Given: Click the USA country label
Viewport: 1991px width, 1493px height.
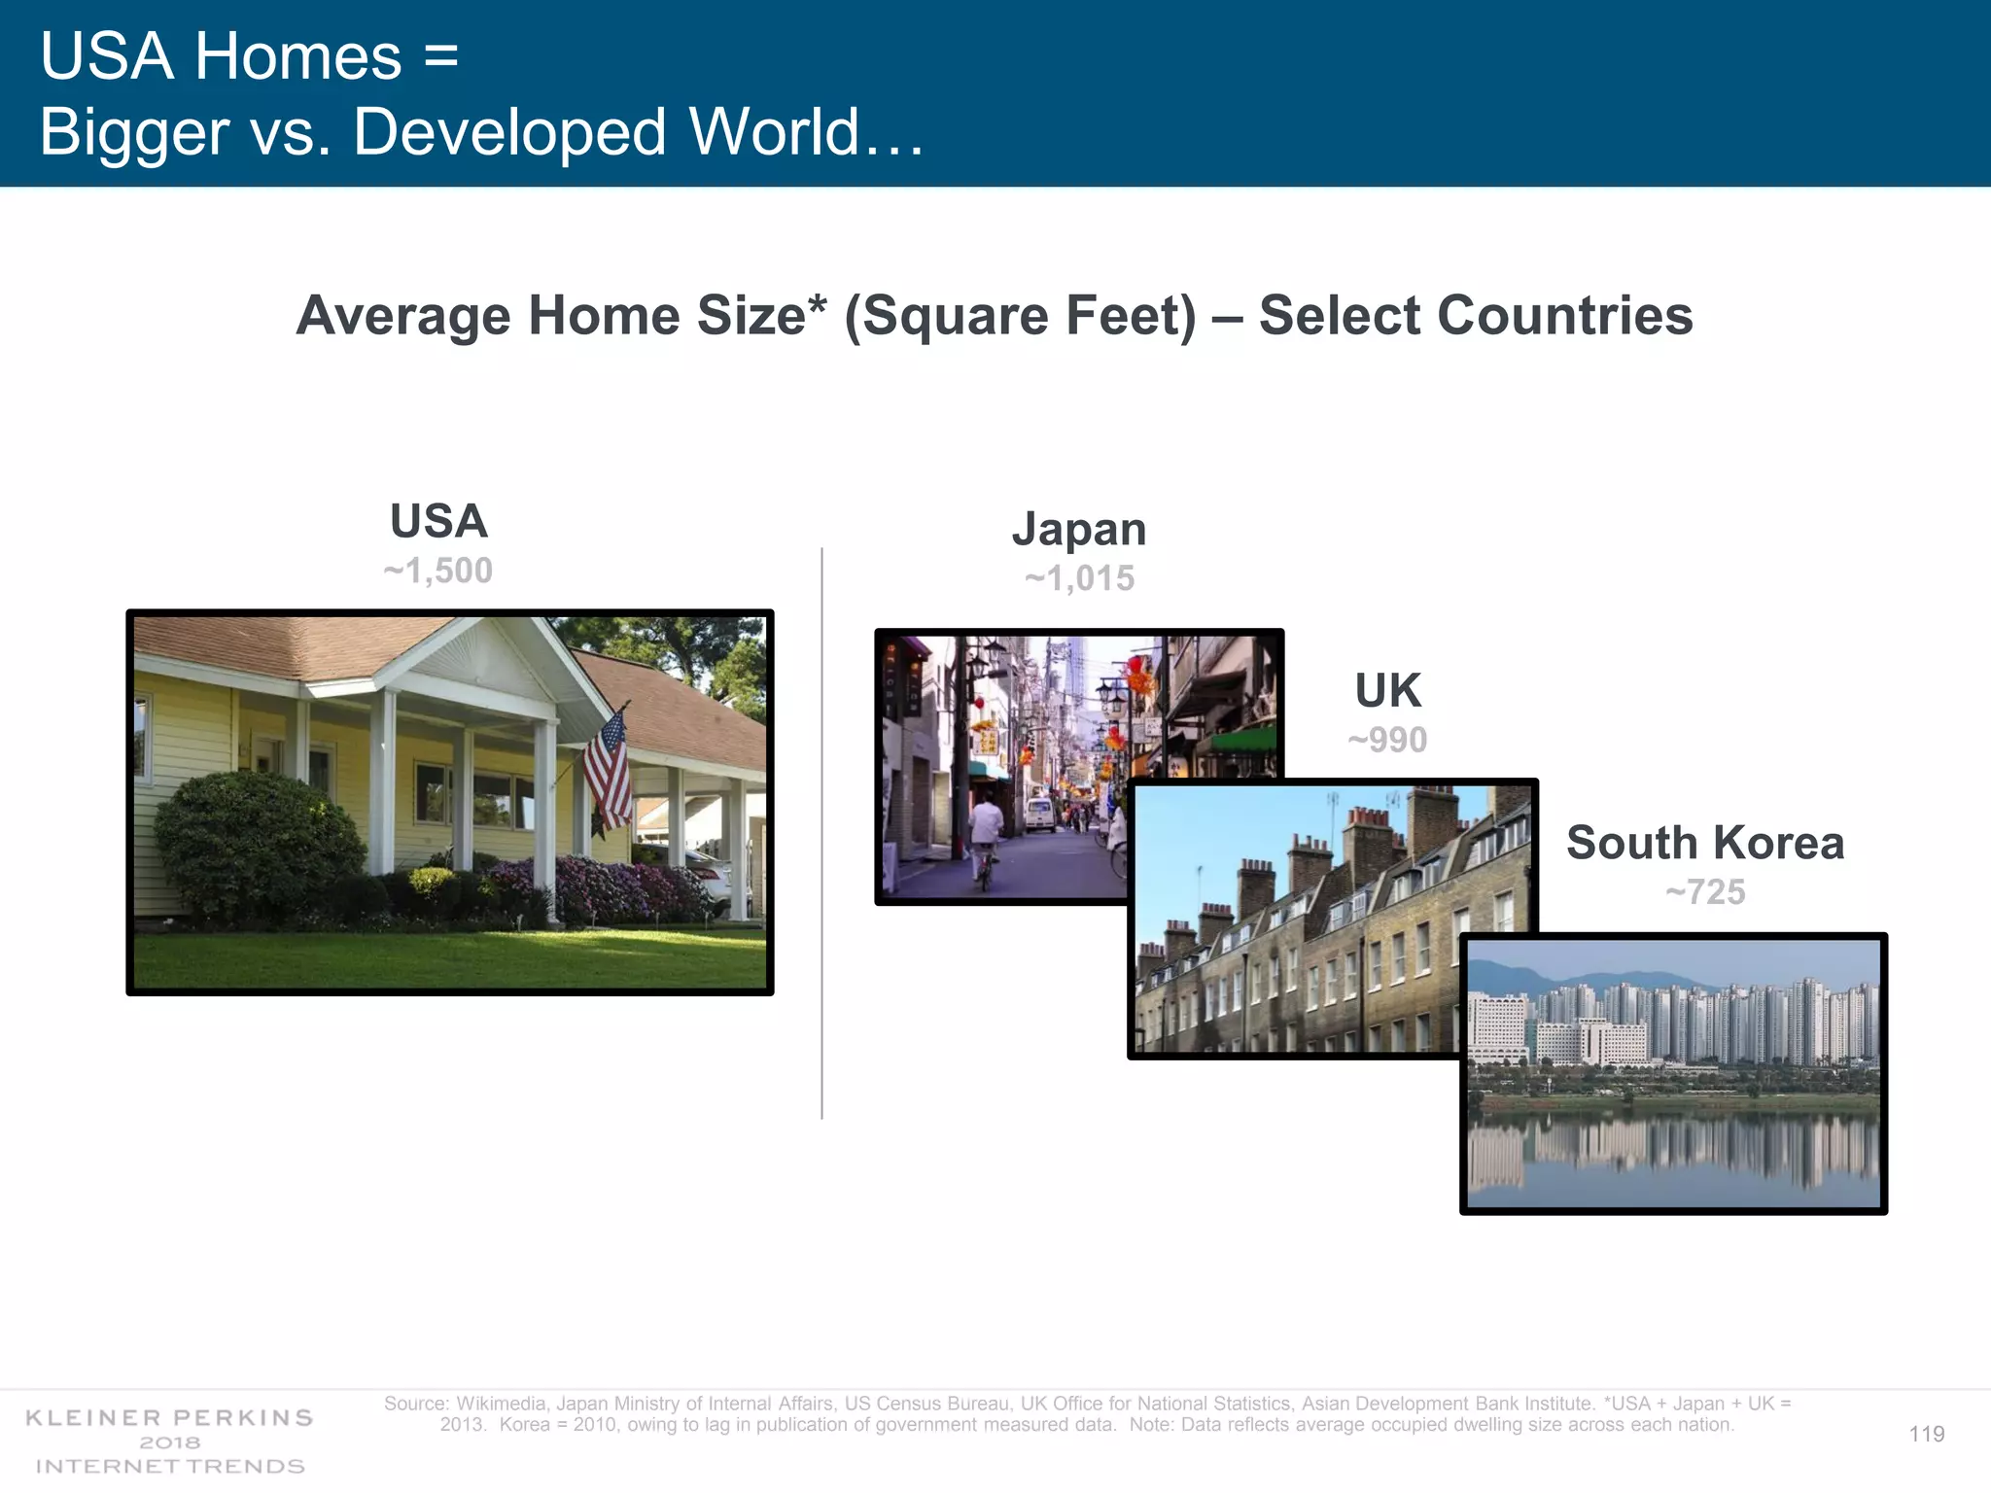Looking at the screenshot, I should (x=438, y=521).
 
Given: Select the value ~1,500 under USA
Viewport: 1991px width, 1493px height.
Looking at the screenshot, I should (x=438, y=571).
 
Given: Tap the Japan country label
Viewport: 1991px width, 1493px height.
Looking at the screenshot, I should (x=1079, y=530).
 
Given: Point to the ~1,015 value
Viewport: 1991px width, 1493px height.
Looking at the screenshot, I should (x=1079, y=578).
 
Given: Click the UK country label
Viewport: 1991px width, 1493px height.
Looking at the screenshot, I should (x=1387, y=691).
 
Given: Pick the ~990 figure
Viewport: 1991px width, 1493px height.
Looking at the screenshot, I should (x=1387, y=740).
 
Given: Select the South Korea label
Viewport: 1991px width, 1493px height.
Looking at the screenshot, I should (x=1705, y=843).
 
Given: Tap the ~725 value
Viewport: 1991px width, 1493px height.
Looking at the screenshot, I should (x=1705, y=891).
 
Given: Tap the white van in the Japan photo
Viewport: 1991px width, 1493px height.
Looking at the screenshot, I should (x=1039, y=814).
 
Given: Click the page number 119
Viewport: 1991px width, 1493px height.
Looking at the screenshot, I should (x=1926, y=1434).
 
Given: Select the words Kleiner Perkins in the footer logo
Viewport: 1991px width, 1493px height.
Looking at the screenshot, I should (x=169, y=1417).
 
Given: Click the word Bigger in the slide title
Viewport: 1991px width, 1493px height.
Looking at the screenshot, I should (x=134, y=132).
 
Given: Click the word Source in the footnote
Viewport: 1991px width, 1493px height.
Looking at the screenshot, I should (x=415, y=1404).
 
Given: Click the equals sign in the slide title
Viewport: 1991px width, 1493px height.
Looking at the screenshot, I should (x=440, y=56).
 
